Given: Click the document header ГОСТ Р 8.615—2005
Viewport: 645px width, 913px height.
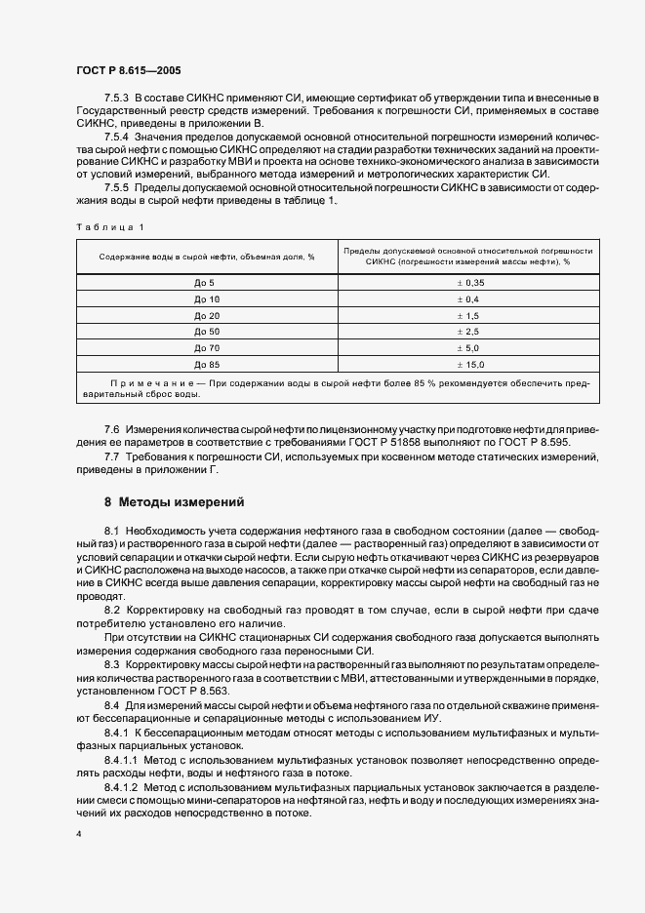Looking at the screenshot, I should (x=128, y=70).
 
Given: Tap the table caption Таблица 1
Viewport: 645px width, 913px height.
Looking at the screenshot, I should (x=109, y=227).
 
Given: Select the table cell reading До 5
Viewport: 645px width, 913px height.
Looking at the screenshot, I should (x=205, y=282).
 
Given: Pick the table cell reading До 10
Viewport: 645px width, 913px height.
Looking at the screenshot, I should (x=207, y=298).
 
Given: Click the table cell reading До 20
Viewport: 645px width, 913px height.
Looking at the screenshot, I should (x=207, y=315).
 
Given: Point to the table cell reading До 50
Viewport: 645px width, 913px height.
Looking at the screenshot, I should (x=207, y=332).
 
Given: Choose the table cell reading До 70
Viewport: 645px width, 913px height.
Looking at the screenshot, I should (x=207, y=347).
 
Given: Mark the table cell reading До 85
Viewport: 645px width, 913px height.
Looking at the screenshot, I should (x=207, y=364).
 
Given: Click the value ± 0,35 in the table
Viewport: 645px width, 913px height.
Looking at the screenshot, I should (x=468, y=282).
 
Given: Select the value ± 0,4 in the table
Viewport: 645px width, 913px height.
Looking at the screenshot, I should (x=468, y=298).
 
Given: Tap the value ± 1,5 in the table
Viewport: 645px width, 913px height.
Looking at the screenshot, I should (x=468, y=315).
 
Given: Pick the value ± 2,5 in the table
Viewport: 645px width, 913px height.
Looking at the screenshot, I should (x=468, y=332).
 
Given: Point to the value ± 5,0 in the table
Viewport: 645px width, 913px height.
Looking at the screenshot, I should (x=468, y=347).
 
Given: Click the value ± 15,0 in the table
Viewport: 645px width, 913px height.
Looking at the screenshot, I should (x=468, y=364).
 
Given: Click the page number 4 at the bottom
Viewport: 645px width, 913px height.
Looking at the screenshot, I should (x=78, y=834).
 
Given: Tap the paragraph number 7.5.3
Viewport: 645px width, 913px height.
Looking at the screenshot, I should (x=117, y=99).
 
